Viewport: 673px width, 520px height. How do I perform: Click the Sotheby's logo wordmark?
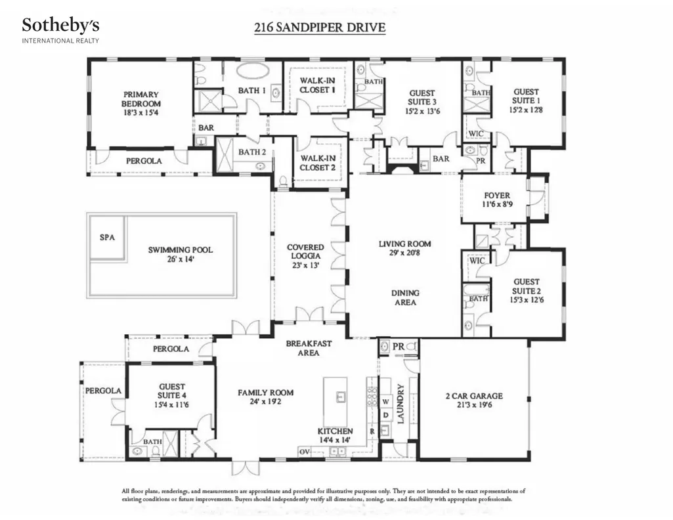(60, 26)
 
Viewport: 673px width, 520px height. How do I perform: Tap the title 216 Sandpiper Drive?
(320, 27)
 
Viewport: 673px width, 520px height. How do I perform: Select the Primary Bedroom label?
(141, 103)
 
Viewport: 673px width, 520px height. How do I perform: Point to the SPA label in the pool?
(107, 237)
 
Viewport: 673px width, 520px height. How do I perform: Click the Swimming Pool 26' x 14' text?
(181, 254)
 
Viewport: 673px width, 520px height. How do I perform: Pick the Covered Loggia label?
(305, 256)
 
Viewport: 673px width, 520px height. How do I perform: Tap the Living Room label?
(404, 248)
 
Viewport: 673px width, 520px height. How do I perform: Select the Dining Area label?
(404, 297)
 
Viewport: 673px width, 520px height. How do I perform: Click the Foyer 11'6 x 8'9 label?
(497, 200)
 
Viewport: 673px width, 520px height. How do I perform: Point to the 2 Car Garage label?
(474, 400)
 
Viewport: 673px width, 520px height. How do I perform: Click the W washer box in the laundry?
(386, 402)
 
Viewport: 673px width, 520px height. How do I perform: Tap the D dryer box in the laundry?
(386, 415)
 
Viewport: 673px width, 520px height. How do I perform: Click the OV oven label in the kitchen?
(304, 452)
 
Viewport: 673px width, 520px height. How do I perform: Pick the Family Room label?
(266, 397)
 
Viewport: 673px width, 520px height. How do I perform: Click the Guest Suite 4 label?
(171, 395)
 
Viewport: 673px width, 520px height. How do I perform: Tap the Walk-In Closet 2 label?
(318, 163)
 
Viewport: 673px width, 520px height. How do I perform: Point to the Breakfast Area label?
(309, 348)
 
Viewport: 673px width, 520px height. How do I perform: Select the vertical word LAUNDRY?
(401, 404)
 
